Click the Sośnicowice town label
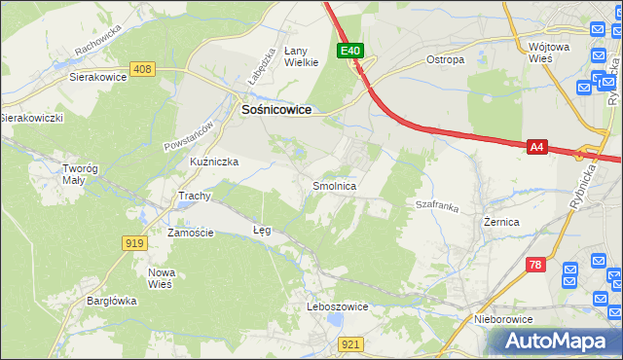click(x=276, y=111)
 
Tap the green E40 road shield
click(x=351, y=51)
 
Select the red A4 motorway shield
click(x=537, y=147)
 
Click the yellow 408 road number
click(x=143, y=68)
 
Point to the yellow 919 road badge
click(x=135, y=243)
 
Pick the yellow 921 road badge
click(x=352, y=343)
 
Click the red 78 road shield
click(x=534, y=265)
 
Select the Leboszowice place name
click(x=338, y=306)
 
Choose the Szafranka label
click(x=437, y=205)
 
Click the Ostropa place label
click(x=446, y=59)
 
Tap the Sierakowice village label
click(x=98, y=75)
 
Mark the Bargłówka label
click(x=109, y=301)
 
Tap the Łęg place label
click(x=262, y=231)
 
